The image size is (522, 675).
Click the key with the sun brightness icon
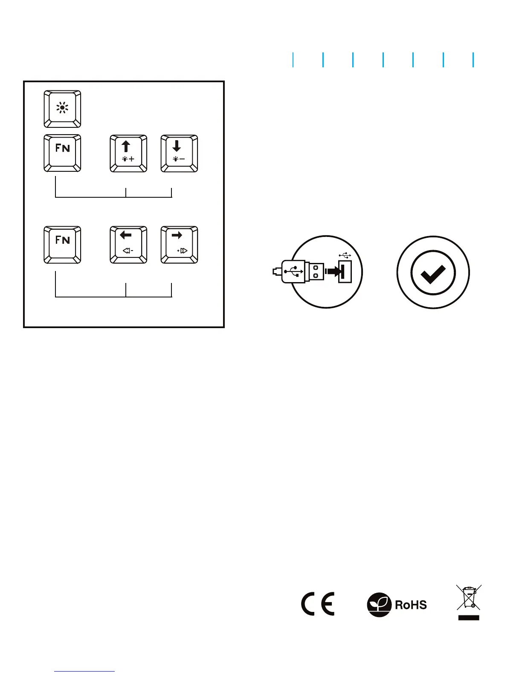coord(62,109)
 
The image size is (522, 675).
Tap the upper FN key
coord(62,153)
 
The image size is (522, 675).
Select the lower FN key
coord(62,245)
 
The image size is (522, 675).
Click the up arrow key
coord(128,153)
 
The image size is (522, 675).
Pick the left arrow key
coord(128,245)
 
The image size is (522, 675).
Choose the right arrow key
coord(179,245)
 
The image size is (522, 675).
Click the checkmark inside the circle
coord(433,272)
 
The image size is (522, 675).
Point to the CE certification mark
coord(318,604)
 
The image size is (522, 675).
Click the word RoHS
coord(411,605)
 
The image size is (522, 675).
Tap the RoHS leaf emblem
coord(379,605)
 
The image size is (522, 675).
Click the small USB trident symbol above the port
coord(345,255)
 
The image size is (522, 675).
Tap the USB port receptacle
coord(345,272)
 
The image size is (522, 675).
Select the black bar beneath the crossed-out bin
coord(469,617)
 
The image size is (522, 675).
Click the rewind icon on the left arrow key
coord(128,251)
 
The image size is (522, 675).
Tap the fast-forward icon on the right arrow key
coord(183,251)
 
